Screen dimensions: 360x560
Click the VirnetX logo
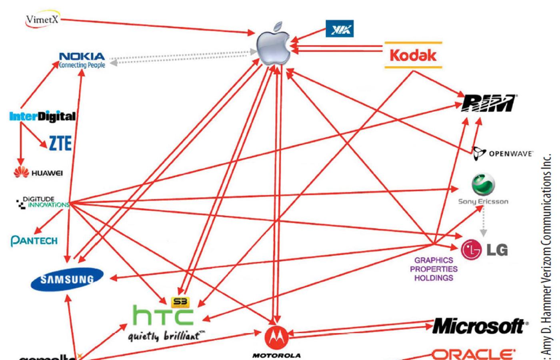(x=42, y=20)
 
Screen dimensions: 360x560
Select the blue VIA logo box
(x=340, y=29)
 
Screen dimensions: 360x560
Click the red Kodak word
(x=413, y=55)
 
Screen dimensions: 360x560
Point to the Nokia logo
(x=82, y=60)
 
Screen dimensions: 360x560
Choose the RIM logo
(x=488, y=103)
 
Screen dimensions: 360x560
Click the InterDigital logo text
(x=42, y=116)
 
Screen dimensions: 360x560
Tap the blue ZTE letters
(x=60, y=143)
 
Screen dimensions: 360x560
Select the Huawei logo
(x=38, y=173)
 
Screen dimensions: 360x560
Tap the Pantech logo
(x=34, y=241)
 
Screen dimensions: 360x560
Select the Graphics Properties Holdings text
(x=434, y=269)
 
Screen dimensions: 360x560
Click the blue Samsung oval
(x=67, y=279)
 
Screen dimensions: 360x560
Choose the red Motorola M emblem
(x=276, y=338)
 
